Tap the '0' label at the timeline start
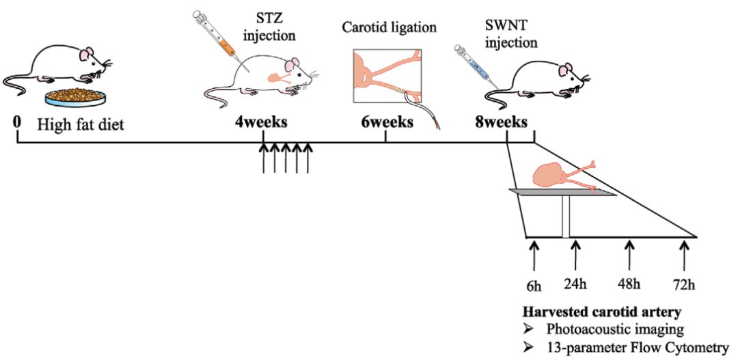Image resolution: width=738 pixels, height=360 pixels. [17, 122]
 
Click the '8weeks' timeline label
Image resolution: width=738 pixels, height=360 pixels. [501, 123]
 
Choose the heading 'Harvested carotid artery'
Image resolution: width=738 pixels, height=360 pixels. [601, 312]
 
